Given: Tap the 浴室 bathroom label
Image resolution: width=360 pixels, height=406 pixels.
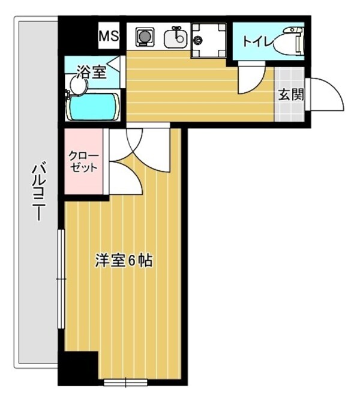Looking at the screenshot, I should (x=91, y=73).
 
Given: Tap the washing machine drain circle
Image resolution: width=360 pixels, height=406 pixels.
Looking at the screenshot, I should (x=199, y=41).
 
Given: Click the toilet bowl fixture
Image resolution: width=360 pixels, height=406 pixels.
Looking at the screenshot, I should (x=291, y=41).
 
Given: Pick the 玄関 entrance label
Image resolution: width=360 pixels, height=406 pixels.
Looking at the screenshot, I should (x=291, y=94).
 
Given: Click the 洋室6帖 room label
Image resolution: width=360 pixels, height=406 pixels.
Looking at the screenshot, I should (x=123, y=261).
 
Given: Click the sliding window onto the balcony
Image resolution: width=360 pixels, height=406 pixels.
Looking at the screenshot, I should (x=61, y=279).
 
